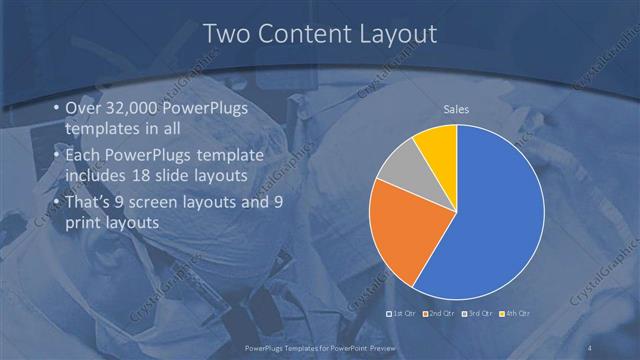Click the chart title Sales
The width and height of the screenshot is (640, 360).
pos(456,109)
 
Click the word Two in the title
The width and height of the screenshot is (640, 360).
pos(226,34)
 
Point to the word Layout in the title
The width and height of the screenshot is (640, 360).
pos(397,34)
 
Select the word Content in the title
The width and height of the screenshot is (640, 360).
pos(303,34)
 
